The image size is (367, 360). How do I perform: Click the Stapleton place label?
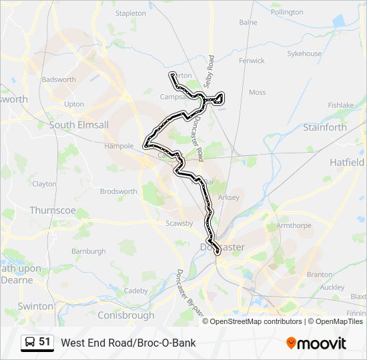[x=130, y=13]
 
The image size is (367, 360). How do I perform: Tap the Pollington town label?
[x=287, y=12]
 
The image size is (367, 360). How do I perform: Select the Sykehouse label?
[x=304, y=53]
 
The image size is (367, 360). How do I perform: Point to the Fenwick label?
[x=252, y=61]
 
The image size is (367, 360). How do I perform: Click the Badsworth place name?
[x=59, y=79]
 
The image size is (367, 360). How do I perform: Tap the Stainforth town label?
[x=325, y=127]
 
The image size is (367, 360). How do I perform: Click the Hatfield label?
[x=347, y=162]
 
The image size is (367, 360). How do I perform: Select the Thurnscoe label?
[x=52, y=210]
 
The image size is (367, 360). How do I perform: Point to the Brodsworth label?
[x=119, y=191]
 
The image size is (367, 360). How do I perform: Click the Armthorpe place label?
[x=294, y=225]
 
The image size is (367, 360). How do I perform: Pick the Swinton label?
[x=36, y=306]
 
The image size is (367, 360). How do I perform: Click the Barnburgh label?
[x=88, y=251]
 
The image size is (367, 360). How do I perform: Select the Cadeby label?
[x=135, y=291]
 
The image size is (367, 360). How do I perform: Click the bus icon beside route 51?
[x=30, y=343]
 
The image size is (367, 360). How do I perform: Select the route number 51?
[x=45, y=342]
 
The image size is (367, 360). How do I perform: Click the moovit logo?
[x=316, y=343]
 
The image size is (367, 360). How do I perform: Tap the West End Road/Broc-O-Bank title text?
[x=128, y=343]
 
